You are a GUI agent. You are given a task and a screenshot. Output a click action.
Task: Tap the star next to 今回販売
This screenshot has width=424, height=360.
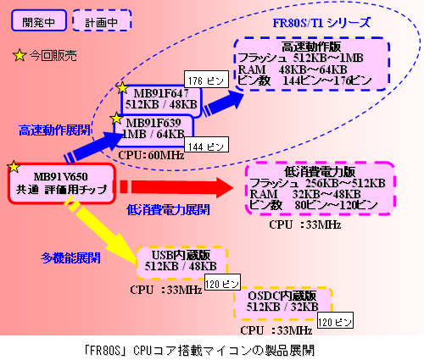pos(19,57)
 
